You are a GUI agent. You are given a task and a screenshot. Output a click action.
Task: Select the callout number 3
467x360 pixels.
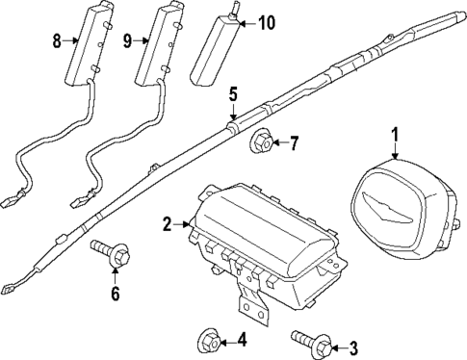[352, 347]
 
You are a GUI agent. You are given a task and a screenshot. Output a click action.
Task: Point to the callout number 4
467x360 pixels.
[241, 338]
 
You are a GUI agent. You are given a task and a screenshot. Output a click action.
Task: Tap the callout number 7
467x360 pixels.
[294, 144]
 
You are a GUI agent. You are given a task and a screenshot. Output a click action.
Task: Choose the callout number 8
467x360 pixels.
[56, 40]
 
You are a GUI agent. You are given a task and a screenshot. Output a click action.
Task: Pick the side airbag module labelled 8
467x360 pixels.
[85, 48]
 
